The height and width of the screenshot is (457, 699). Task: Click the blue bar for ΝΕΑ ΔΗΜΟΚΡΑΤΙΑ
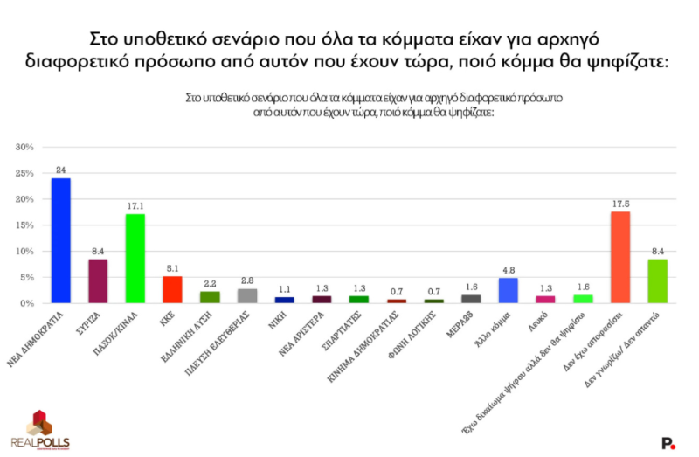(x=61, y=240)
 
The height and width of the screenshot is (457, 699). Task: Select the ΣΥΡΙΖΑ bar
(x=98, y=281)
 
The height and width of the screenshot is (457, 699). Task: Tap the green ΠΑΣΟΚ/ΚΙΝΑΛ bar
(x=135, y=259)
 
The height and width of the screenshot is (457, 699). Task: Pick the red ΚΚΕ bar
(x=172, y=289)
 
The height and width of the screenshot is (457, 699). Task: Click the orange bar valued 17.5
(x=619, y=257)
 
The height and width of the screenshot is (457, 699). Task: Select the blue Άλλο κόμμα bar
(x=508, y=290)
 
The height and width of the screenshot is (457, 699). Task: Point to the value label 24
(x=61, y=170)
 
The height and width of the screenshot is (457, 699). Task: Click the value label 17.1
(x=135, y=205)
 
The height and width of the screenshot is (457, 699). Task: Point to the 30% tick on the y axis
(x=24, y=147)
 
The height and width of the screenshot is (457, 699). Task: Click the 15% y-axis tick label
(x=24, y=225)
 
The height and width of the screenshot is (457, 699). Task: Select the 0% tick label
(x=26, y=303)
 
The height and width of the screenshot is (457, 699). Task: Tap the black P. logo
(x=668, y=443)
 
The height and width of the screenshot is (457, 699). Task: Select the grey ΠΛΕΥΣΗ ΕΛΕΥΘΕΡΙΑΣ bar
(x=247, y=295)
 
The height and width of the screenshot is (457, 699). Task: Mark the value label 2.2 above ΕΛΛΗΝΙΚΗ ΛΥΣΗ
(x=210, y=283)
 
